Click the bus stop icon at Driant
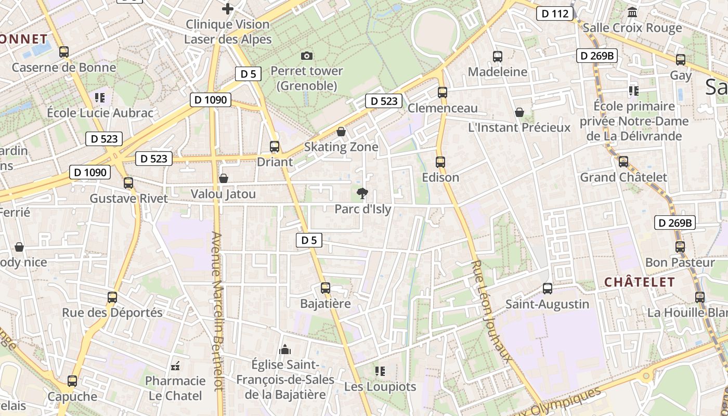275,147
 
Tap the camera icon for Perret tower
307,56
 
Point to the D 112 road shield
555,14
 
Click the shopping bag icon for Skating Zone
341,132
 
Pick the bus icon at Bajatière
326,288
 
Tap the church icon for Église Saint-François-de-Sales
285,349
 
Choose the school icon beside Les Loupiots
380,371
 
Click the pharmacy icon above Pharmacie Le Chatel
175,366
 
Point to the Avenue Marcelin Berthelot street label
218,311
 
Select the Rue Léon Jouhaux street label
491,310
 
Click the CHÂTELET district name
639,282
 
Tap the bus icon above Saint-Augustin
547,288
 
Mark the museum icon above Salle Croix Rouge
632,12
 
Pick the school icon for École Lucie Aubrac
100,97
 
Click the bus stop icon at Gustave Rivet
128,183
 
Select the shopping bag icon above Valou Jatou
224,178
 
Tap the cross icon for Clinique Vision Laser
228,9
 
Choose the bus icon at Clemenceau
443,93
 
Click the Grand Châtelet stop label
623,177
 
